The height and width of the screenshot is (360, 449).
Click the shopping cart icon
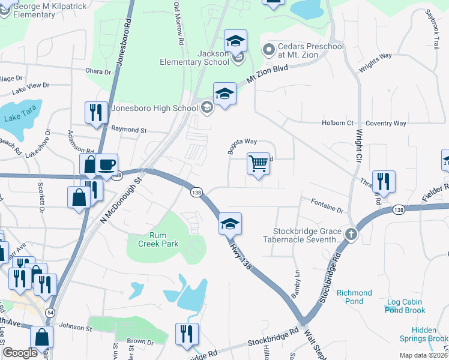258,163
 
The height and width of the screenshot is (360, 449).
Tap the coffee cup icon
106,165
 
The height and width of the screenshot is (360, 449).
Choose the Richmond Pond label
354,293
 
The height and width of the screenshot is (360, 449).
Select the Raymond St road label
129,129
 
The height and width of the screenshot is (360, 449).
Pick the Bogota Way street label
241,142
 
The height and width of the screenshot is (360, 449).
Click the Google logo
20,353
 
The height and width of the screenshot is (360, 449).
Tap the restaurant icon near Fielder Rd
384,181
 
